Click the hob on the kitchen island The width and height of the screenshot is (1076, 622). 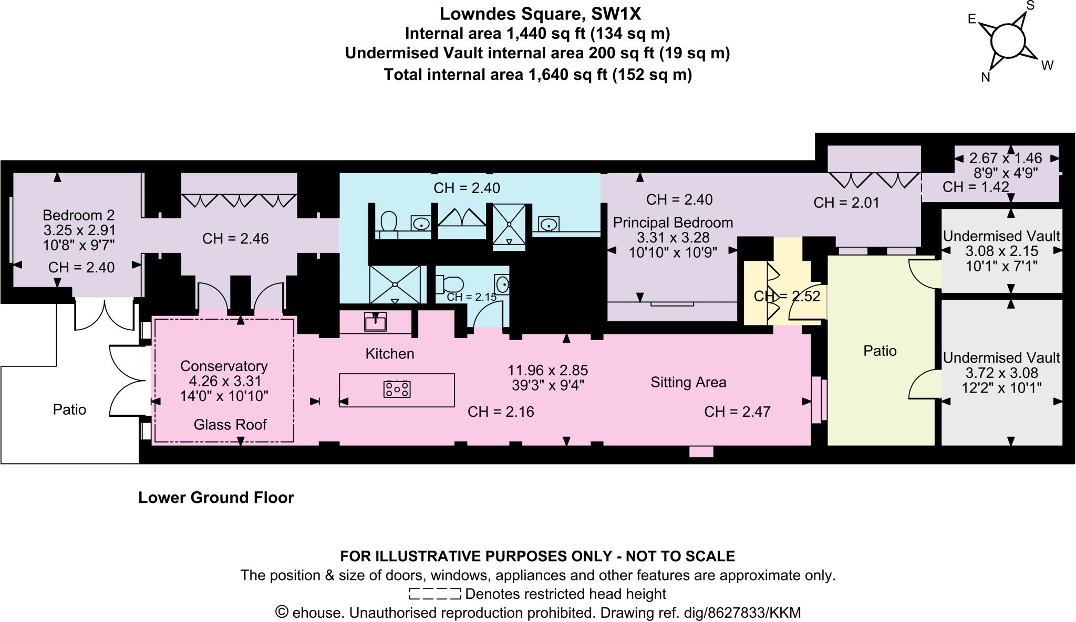397,389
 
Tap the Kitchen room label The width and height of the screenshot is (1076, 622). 390,354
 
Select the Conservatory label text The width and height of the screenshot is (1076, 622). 224,366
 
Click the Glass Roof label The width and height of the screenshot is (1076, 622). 230,424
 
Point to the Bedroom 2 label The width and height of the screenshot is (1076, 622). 78,215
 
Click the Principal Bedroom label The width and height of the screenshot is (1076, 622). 673,223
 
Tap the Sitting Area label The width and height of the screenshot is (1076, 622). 688,382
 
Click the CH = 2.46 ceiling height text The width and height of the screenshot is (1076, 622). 235,239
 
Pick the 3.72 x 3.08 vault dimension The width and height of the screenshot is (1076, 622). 1001,373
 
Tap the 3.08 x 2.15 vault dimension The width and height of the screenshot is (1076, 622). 1001,251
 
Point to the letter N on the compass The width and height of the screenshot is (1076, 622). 986,78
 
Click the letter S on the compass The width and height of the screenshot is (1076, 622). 1030,6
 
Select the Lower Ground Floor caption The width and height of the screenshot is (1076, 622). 216,498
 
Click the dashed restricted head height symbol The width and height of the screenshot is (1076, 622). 434,594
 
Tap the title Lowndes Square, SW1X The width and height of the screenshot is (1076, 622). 540,14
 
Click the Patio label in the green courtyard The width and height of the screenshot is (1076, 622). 880,351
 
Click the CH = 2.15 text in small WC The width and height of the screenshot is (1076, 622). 471,297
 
